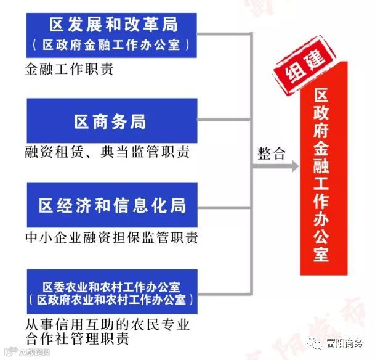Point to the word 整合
coord(272,154)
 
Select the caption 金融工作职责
coord(69,69)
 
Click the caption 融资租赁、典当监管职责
coord(107,152)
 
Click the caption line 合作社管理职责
coord(78,340)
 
